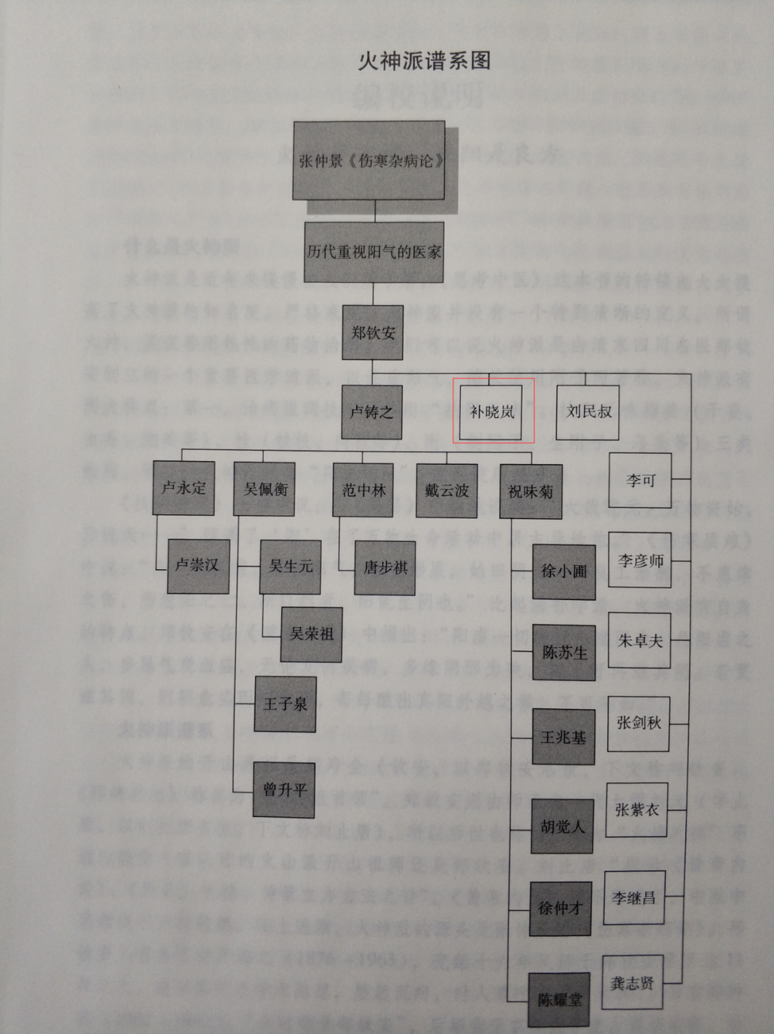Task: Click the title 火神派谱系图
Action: (x=424, y=62)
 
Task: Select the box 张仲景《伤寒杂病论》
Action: (x=369, y=160)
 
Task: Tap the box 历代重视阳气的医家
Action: (x=373, y=251)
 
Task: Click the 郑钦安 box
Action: (x=373, y=332)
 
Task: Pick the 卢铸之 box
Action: (x=371, y=412)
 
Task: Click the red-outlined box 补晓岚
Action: (x=492, y=412)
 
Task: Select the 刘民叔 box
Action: (x=588, y=412)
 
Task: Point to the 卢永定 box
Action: (x=184, y=488)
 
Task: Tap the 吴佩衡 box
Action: (x=265, y=489)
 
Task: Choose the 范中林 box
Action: (x=363, y=490)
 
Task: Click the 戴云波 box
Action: (x=446, y=491)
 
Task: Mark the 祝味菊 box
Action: (x=530, y=491)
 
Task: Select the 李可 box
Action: (x=640, y=480)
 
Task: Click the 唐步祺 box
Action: (x=385, y=567)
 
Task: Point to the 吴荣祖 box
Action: (x=311, y=634)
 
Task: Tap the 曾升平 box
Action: (x=285, y=790)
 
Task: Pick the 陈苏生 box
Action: (x=564, y=652)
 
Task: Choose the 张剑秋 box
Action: (x=639, y=723)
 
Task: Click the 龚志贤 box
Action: (x=632, y=982)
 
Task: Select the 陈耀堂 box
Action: (x=560, y=1000)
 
